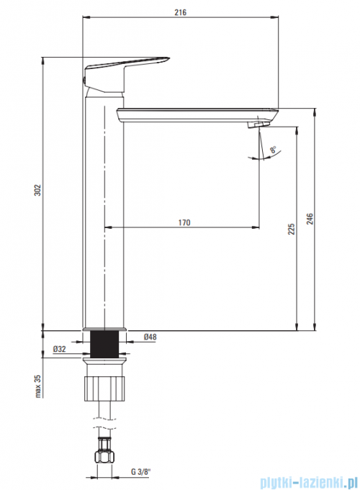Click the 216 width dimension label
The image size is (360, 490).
(180, 12)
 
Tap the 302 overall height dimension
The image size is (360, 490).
(37, 190)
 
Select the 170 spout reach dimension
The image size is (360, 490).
(184, 222)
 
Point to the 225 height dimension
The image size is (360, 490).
(291, 229)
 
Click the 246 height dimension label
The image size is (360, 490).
(310, 219)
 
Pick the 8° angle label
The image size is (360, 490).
(273, 150)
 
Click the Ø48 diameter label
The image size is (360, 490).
(150, 337)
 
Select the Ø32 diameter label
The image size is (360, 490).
(60, 349)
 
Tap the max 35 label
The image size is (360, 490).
(38, 386)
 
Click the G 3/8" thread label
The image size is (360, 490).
(140, 472)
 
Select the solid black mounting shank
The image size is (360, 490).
(104, 343)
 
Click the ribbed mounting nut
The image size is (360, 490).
(104, 389)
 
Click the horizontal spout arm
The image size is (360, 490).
(197, 115)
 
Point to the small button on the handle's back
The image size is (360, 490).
(84, 80)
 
